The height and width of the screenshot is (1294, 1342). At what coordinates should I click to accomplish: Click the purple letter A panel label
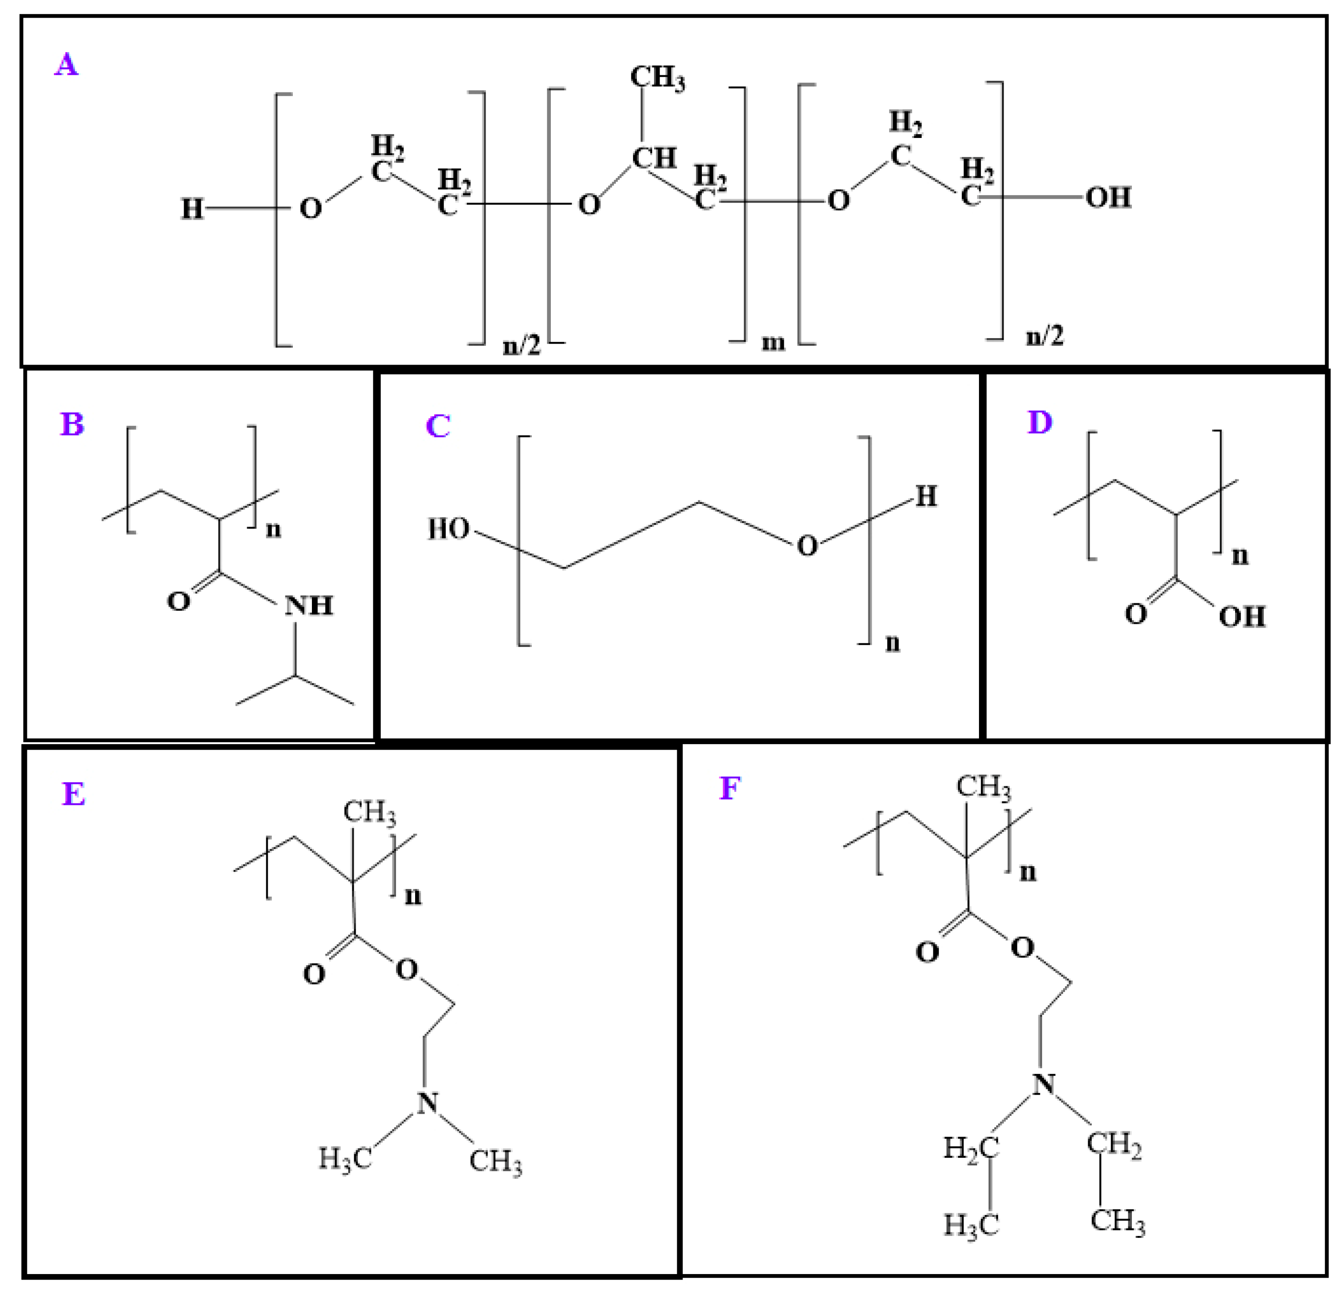pyautogui.click(x=66, y=65)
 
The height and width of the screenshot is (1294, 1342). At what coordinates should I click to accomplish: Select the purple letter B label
pyautogui.click(x=72, y=424)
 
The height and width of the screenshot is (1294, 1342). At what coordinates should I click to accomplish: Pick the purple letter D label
pyautogui.click(x=1039, y=423)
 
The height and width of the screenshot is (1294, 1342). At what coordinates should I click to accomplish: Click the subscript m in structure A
pyautogui.click(x=773, y=342)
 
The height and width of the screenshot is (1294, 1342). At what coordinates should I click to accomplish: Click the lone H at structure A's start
pyautogui.click(x=192, y=209)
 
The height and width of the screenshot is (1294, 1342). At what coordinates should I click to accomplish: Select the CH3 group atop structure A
pyautogui.click(x=657, y=77)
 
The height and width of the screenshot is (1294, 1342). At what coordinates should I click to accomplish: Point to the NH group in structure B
pyautogui.click(x=309, y=606)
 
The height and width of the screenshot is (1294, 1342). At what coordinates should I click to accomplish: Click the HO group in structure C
pyautogui.click(x=449, y=529)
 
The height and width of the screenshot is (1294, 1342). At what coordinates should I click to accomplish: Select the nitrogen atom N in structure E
pyautogui.click(x=427, y=1103)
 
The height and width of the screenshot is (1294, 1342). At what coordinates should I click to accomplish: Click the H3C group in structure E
pyautogui.click(x=344, y=1158)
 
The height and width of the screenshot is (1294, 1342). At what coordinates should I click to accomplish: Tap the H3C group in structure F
pyautogui.click(x=970, y=1225)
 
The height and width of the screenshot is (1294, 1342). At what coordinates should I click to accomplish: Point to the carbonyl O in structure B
pyautogui.click(x=178, y=601)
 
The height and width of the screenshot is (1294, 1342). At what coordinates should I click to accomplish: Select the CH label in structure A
pyautogui.click(x=654, y=158)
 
